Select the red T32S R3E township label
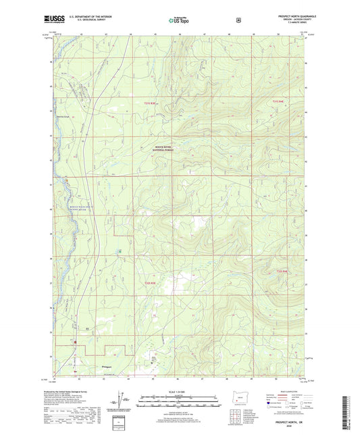[x=154, y=282]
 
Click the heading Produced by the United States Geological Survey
[x=74, y=392]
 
